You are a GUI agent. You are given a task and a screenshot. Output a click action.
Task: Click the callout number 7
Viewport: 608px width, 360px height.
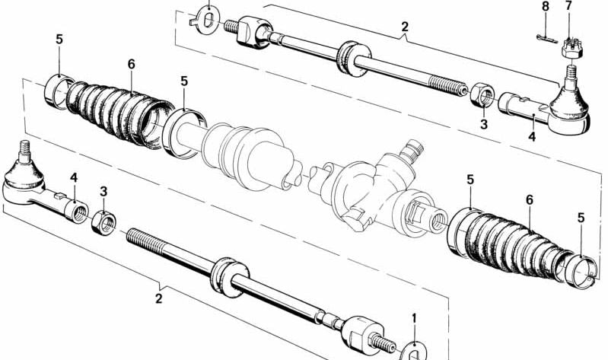(568, 7)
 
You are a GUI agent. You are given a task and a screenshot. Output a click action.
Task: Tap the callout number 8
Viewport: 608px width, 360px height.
(544, 7)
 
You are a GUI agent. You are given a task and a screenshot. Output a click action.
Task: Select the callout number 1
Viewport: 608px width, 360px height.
(414, 317)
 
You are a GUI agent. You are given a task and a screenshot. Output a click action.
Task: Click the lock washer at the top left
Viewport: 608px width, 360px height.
(204, 14)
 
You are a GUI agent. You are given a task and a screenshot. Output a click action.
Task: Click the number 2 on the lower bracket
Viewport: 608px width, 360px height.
(159, 299)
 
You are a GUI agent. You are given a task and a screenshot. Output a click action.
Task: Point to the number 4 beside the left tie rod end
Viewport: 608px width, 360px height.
(74, 177)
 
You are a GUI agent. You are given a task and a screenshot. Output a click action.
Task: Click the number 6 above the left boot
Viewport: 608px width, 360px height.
(131, 64)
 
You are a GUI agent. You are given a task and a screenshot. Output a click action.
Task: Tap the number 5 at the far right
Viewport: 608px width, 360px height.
(581, 218)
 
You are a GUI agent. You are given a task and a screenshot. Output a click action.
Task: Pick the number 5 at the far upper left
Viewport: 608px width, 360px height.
(59, 39)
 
